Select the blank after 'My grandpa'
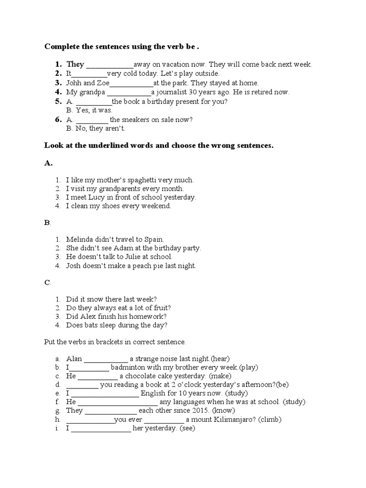(x=129, y=92)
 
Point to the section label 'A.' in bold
(x=48, y=163)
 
